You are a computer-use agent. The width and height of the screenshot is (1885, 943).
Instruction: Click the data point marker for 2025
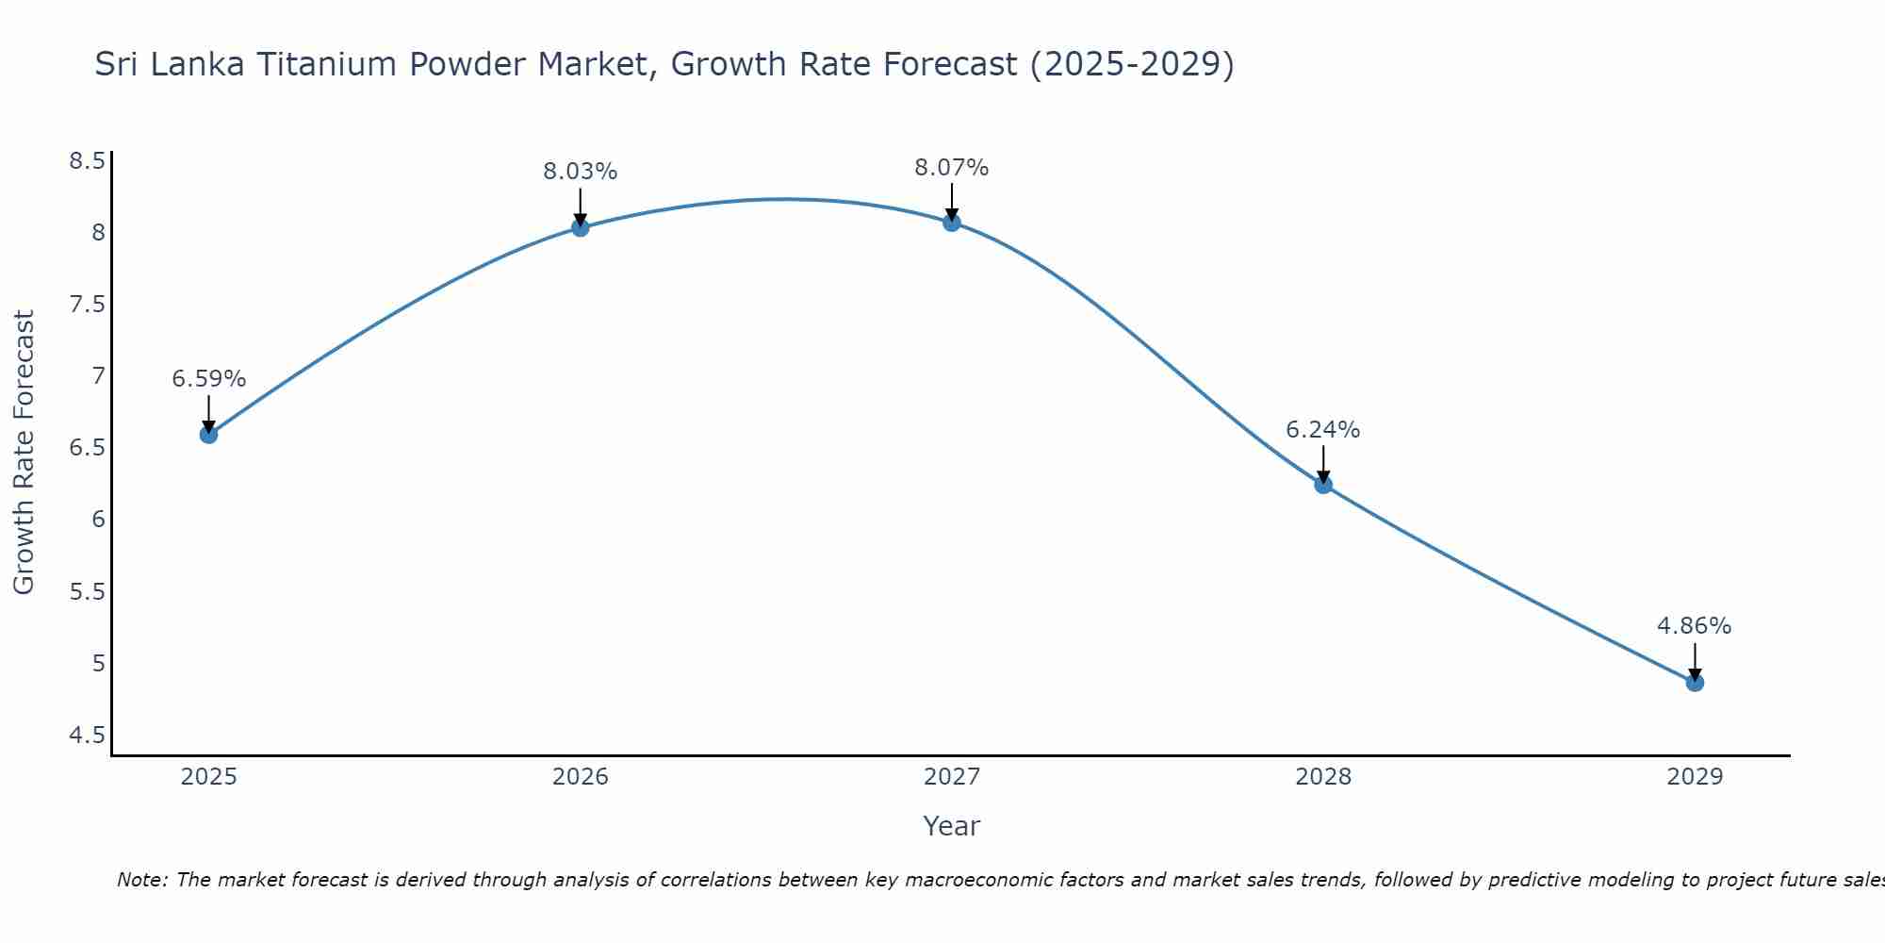tap(208, 434)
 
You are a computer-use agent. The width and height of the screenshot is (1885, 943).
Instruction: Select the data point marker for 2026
tap(580, 227)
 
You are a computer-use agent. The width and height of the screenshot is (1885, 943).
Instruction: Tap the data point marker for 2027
tap(951, 223)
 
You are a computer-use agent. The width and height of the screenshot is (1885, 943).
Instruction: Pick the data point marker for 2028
tap(1323, 485)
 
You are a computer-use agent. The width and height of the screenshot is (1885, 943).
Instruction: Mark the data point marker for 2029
tap(1695, 682)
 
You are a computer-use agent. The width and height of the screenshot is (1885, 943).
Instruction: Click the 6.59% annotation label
tap(208, 379)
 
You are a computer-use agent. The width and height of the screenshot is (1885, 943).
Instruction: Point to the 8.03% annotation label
tap(580, 172)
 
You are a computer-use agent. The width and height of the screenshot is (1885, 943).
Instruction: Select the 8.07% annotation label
tap(951, 168)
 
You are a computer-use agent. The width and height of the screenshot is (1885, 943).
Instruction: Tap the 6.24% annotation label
tap(1322, 430)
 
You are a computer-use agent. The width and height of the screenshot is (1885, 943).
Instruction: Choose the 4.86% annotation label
tap(1694, 626)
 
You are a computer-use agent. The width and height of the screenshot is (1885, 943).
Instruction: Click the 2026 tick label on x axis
tap(580, 777)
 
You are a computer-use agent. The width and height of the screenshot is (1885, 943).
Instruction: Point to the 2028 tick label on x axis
tap(1322, 777)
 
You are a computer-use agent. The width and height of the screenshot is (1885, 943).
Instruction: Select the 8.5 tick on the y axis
tap(87, 161)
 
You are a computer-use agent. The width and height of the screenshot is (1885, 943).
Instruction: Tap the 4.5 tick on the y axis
tap(87, 735)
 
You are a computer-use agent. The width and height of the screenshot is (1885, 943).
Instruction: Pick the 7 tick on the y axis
tap(98, 376)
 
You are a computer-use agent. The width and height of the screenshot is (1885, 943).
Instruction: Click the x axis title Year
tap(951, 826)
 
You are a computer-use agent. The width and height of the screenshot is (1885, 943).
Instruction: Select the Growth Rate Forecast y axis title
tap(24, 452)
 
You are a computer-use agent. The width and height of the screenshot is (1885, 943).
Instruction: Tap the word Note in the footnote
tap(140, 880)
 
